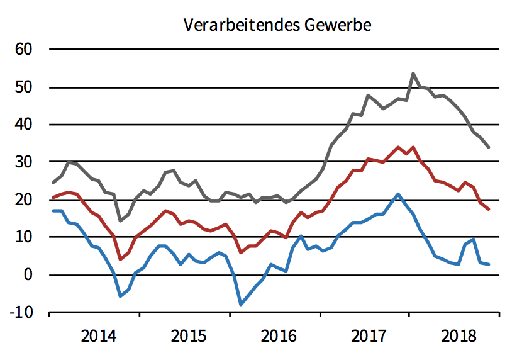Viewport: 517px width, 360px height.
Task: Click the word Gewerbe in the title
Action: (x=337, y=25)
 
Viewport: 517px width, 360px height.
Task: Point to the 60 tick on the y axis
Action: (x=30, y=50)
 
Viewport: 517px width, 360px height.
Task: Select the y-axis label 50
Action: (x=30, y=87)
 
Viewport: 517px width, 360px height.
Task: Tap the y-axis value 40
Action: (x=30, y=125)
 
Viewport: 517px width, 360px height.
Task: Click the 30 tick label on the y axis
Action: (x=30, y=162)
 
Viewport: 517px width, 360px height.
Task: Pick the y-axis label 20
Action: (x=30, y=200)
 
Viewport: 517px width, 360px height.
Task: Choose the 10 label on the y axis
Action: (x=30, y=237)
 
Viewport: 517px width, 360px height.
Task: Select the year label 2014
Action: (x=99, y=335)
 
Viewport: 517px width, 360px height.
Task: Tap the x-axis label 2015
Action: (x=189, y=335)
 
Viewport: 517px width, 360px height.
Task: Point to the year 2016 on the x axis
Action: (x=279, y=335)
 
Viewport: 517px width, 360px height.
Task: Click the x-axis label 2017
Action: (x=369, y=335)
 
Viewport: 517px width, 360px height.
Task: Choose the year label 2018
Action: (x=459, y=335)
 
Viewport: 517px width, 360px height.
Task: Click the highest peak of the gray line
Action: (x=413, y=74)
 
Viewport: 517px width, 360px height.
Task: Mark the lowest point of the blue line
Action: (x=240, y=305)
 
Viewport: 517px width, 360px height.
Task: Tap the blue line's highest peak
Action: (x=398, y=194)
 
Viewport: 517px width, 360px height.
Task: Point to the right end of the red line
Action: (x=489, y=209)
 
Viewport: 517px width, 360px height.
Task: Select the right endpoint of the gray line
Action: (x=489, y=147)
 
